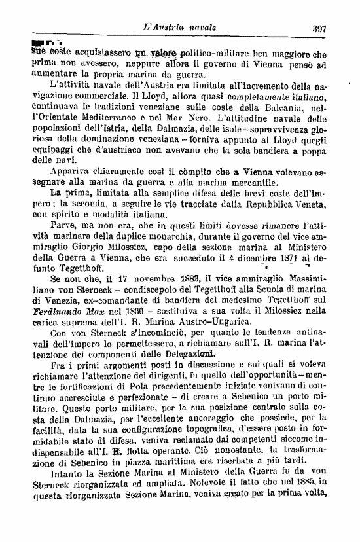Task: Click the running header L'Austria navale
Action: coord(183,27)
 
